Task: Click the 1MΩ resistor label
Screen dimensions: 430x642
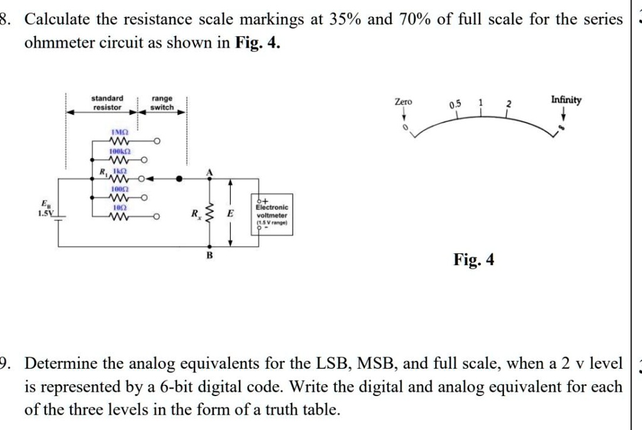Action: click(x=119, y=133)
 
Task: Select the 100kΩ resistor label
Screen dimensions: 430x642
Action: click(x=119, y=152)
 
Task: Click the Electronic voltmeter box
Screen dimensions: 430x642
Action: click(x=271, y=214)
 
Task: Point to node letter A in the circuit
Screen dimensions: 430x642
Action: click(x=209, y=172)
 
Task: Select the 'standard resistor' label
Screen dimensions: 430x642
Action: click(x=107, y=103)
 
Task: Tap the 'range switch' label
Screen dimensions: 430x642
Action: click(x=162, y=103)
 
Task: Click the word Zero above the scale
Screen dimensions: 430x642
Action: click(x=403, y=101)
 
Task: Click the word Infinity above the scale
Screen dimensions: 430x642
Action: click(x=566, y=100)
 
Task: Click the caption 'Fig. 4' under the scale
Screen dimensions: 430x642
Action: click(x=473, y=259)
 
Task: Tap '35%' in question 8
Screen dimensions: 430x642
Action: click(x=344, y=19)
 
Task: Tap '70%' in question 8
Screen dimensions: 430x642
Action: click(x=414, y=19)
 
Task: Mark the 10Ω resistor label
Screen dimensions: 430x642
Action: click(x=119, y=206)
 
